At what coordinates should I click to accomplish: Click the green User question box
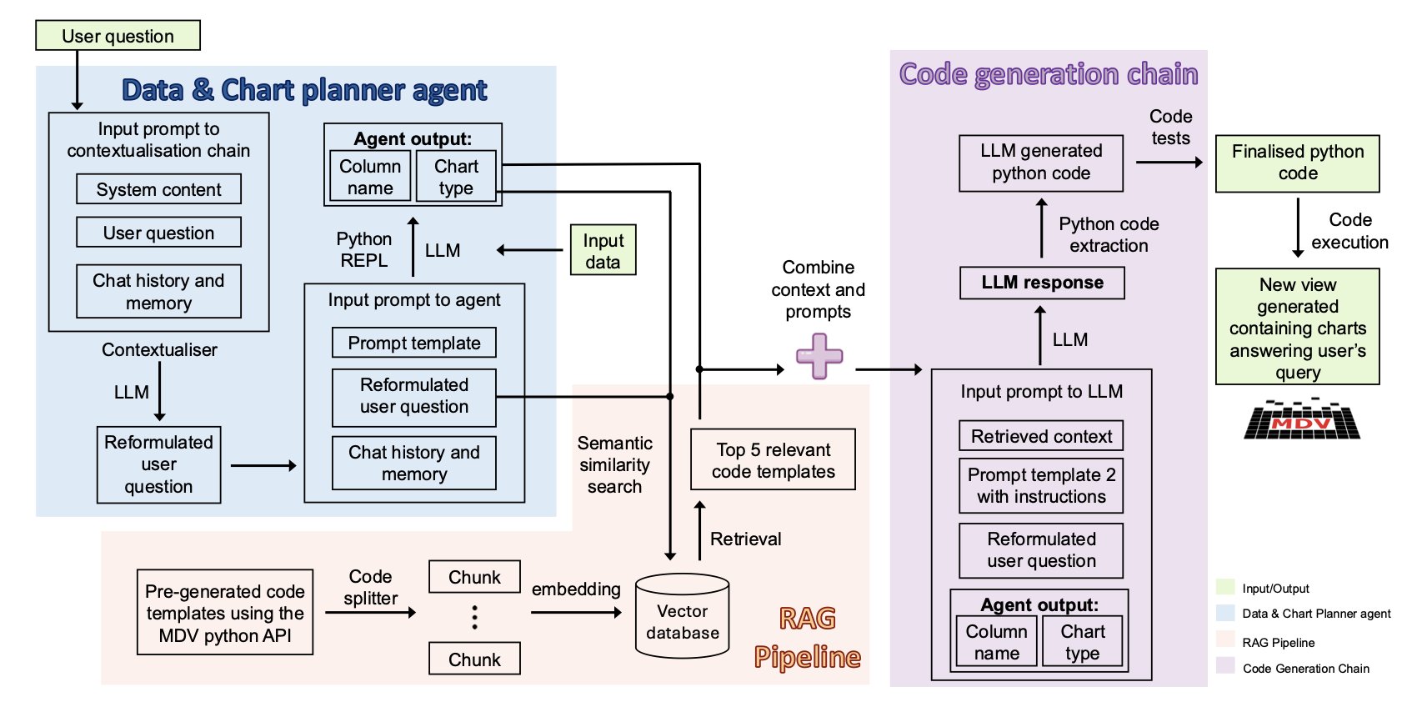coord(118,36)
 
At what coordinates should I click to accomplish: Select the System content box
coord(158,189)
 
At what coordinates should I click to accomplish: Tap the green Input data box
coord(603,250)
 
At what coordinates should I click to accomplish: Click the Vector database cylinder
coord(682,617)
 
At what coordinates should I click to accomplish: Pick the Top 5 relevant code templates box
coord(773,459)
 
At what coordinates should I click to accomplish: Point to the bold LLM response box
coord(1041,283)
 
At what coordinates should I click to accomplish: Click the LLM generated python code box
coord(1040,163)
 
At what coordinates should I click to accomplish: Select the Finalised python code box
coord(1297,163)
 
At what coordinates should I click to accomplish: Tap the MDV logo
coord(1301,419)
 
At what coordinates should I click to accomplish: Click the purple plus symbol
coord(819,356)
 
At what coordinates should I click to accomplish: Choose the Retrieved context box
coord(1041,436)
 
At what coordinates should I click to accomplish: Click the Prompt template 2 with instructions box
coord(1041,485)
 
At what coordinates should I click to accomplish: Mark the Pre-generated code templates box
coord(225,613)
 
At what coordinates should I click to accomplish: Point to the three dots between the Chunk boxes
coord(475,617)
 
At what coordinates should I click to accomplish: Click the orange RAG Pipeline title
coord(807,638)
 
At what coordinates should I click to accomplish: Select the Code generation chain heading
coord(1048,74)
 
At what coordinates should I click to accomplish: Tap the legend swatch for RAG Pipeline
coord(1224,639)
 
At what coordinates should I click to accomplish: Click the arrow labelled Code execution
coord(1298,228)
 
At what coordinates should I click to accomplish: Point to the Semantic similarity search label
coord(614,464)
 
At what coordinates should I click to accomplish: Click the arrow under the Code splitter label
coord(370,613)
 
